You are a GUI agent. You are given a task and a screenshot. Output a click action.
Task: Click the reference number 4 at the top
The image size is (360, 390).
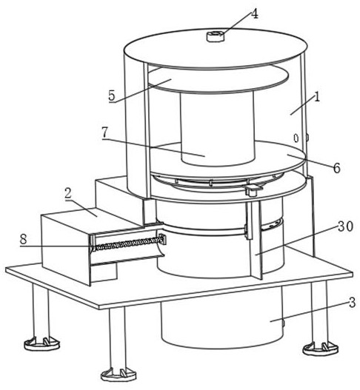click(x=254, y=14)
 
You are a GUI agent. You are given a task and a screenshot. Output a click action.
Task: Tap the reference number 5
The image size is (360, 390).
click(x=112, y=95)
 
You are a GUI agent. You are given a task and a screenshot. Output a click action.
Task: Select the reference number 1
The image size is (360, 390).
click(x=317, y=97)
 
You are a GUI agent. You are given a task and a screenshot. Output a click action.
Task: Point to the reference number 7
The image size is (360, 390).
click(x=104, y=132)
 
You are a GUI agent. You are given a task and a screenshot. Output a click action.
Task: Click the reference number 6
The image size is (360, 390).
click(x=336, y=168)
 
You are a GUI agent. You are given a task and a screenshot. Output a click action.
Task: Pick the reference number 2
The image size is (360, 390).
click(x=67, y=193)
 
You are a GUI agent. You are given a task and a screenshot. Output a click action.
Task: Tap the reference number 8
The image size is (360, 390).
click(x=23, y=240)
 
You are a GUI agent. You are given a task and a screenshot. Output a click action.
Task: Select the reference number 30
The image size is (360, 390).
click(x=345, y=226)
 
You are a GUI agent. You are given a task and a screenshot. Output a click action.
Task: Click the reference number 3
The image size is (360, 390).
click(x=352, y=303)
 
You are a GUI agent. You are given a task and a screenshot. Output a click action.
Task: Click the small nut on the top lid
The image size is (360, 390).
click(x=216, y=36)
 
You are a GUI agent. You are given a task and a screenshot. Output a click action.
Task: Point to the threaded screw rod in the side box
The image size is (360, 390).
click(x=127, y=243)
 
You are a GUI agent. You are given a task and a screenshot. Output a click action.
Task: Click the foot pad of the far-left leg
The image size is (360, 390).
click(x=41, y=343)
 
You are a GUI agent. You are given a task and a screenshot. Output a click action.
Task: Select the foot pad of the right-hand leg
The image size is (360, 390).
click(x=321, y=349)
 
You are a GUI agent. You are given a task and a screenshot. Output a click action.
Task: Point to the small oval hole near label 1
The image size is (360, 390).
click(x=296, y=138)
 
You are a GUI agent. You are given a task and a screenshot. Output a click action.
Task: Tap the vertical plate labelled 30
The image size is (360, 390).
click(x=256, y=241)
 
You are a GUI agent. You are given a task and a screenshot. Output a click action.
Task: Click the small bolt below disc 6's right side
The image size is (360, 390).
click(x=252, y=190)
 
